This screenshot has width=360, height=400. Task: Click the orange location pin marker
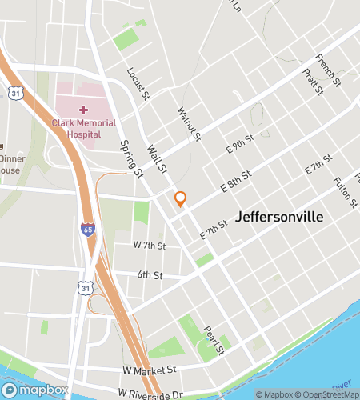181,198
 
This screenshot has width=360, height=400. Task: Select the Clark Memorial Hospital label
83,129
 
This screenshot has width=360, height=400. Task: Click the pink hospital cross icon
83,109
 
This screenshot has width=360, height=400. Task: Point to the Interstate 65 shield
87,230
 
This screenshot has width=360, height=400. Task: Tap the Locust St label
138,83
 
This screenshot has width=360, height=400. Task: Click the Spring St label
129,155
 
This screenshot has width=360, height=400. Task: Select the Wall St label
156,158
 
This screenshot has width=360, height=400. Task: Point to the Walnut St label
189,124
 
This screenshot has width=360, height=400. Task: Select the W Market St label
150,370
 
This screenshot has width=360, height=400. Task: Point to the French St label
328,70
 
